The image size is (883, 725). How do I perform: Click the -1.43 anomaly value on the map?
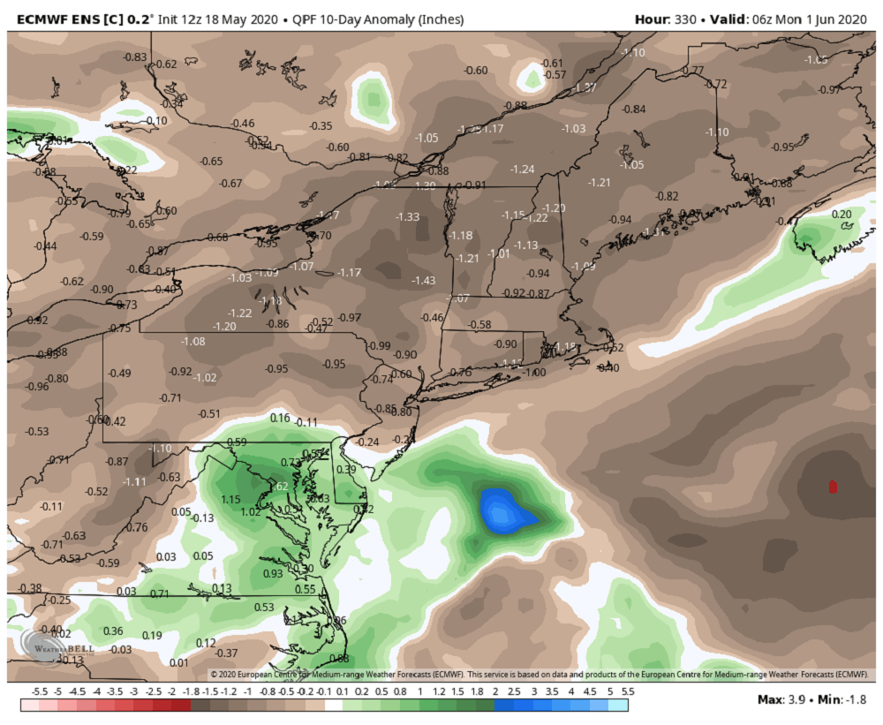(x=424, y=280)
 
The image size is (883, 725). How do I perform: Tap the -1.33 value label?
(x=408, y=216)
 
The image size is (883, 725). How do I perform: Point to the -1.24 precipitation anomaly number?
(x=524, y=169)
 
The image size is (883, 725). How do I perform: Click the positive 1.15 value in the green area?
(x=231, y=500)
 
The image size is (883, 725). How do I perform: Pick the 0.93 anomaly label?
(x=273, y=573)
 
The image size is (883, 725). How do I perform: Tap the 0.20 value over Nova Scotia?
(x=841, y=214)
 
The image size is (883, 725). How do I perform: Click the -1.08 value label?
(x=192, y=341)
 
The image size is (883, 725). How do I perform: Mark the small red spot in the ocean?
(x=833, y=486)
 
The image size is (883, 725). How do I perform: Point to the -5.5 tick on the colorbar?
(x=39, y=691)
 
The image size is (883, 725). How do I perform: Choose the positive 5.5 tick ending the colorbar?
(x=627, y=691)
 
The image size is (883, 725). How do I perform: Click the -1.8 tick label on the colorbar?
(x=192, y=691)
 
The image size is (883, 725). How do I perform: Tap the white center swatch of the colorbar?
(x=333, y=705)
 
